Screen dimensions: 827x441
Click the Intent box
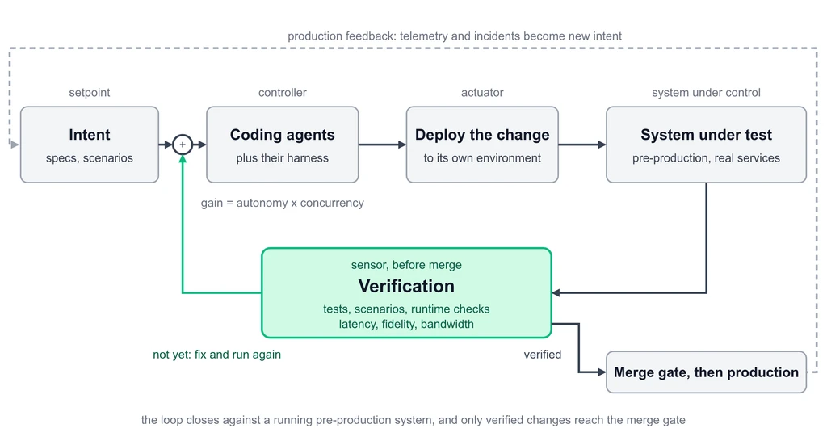(x=90, y=145)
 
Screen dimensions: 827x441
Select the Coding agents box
(x=282, y=145)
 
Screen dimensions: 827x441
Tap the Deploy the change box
(x=482, y=145)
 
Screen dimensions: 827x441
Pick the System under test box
(x=706, y=145)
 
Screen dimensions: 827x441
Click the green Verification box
(x=407, y=292)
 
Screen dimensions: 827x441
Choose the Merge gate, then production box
(x=706, y=372)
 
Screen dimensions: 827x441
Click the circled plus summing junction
(x=183, y=145)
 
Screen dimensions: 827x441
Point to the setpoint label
(x=90, y=93)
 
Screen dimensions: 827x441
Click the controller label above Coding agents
(x=282, y=93)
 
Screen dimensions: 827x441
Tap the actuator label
(x=482, y=93)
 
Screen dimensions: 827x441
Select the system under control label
(x=706, y=93)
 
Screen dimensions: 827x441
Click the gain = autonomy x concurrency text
(x=282, y=203)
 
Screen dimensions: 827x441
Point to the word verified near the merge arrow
(x=542, y=355)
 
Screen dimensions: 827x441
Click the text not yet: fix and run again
(x=216, y=355)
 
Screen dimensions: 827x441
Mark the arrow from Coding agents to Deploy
(x=382, y=145)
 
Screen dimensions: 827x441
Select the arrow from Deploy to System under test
(x=582, y=145)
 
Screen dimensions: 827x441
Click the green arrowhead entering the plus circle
(x=183, y=158)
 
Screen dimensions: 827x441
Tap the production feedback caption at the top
(x=455, y=36)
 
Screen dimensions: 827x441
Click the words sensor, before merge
(x=407, y=265)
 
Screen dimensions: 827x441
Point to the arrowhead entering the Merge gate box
(x=602, y=372)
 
